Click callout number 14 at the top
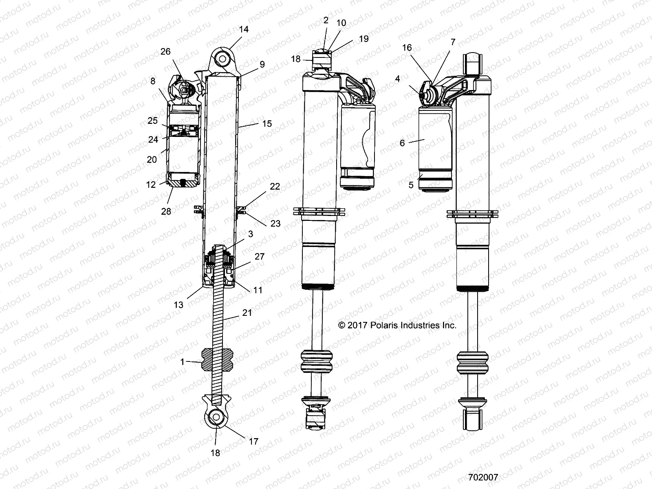pyautogui.click(x=244, y=30)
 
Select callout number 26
pyautogui.click(x=165, y=52)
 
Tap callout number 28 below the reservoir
pyautogui.click(x=166, y=211)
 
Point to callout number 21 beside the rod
pyautogui.click(x=247, y=313)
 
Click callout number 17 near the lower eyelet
pyautogui.click(x=253, y=441)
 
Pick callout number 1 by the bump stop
pyautogui.click(x=183, y=362)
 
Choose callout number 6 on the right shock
pyautogui.click(x=402, y=143)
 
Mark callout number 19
pyautogui.click(x=363, y=39)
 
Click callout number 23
pyautogui.click(x=275, y=223)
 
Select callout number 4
pyautogui.click(x=398, y=79)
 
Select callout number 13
pyautogui.click(x=190, y=304)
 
